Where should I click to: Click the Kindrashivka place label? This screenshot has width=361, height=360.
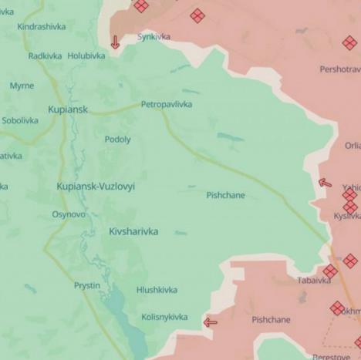[41, 26]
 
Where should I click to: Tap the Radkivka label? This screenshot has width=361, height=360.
[45, 56]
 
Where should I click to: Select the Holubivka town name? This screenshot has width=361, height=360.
[86, 56]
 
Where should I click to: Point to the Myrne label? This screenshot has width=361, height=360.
[22, 86]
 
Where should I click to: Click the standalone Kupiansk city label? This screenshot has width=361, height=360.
[68, 109]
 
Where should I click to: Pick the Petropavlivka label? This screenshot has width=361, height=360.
[166, 104]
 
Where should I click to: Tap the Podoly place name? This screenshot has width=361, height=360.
[118, 140]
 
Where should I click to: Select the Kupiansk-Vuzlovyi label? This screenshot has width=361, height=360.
[96, 187]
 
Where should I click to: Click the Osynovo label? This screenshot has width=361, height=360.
[69, 214]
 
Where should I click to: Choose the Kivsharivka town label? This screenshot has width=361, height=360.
[133, 231]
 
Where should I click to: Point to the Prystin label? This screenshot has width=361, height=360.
[86, 285]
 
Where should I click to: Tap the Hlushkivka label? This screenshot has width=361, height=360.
[157, 290]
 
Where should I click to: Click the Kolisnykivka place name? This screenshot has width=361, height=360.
[164, 317]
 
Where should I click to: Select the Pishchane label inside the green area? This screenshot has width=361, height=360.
[225, 195]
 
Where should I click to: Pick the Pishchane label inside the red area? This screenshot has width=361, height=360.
[271, 319]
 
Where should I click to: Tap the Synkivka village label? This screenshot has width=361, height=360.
[154, 36]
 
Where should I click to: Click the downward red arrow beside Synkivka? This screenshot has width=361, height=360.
[115, 42]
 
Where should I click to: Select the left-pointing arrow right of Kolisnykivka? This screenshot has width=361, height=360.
[210, 322]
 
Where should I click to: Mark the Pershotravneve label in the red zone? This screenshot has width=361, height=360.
[339, 69]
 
